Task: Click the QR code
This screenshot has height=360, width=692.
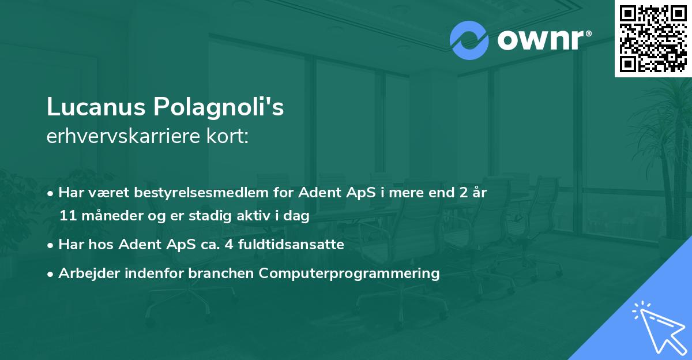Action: click(653, 38)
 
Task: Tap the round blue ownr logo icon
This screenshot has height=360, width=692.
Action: click(469, 40)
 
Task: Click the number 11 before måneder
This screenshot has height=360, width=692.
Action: click(67, 216)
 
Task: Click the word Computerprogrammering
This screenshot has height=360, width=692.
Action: click(349, 273)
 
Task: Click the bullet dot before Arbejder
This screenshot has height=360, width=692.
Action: click(51, 273)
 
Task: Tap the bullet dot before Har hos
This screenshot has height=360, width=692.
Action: click(51, 245)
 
